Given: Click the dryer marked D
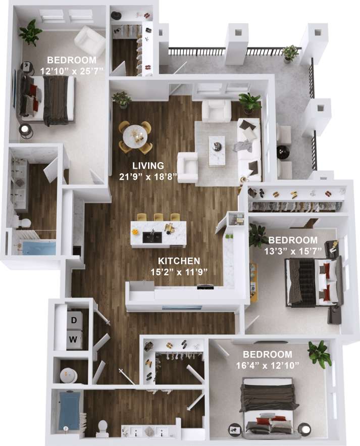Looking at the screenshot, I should tap(74, 320).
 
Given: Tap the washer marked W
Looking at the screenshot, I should tap(74, 340).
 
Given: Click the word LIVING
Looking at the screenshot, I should tap(147, 165).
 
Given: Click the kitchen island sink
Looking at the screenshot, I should tap(151, 235).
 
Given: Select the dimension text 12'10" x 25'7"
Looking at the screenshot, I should tap(71, 71).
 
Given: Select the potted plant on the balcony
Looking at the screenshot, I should tap(290, 52).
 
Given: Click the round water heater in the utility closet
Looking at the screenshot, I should tap(68, 375).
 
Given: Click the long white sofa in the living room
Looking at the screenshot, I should tap(249, 148).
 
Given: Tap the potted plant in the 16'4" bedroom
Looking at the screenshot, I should tap(320, 353).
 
